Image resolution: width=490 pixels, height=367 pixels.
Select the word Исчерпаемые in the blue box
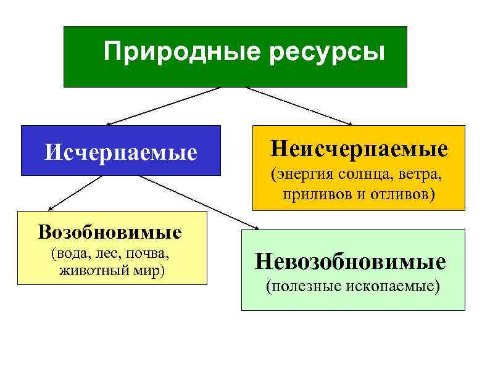(x=121, y=151)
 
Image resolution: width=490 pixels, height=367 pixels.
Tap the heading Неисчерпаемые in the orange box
(x=359, y=148)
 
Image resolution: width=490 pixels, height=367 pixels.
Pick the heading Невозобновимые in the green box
(x=351, y=262)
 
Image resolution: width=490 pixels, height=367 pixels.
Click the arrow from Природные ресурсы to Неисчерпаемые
(x=299, y=105)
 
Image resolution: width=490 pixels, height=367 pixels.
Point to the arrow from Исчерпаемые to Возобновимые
(x=74, y=193)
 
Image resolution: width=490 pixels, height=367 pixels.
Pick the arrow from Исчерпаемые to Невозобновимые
(x=197, y=202)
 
